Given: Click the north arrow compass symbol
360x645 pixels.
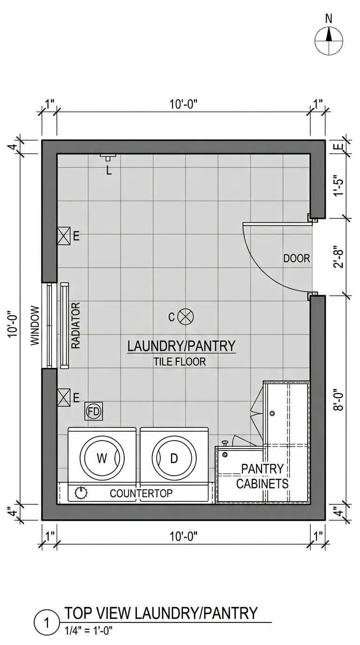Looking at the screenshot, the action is click(329, 41).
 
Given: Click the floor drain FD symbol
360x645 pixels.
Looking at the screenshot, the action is click(93, 411).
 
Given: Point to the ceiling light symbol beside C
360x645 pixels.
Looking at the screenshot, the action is click(186, 317).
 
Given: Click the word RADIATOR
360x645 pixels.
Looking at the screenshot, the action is click(75, 325).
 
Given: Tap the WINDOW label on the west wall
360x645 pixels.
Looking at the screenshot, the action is click(35, 325).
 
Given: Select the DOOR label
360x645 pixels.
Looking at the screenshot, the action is click(297, 258).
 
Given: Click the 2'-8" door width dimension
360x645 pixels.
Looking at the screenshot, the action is click(339, 256).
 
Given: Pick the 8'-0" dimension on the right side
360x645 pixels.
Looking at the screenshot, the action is click(339, 400).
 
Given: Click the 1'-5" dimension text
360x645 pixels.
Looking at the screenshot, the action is click(339, 185).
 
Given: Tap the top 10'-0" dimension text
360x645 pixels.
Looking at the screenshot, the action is click(184, 104).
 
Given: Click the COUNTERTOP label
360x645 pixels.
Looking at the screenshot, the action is click(141, 493).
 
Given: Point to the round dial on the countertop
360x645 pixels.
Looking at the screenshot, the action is click(81, 493).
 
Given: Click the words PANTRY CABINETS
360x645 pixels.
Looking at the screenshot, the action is click(262, 477).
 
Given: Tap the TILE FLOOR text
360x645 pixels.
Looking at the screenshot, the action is click(180, 362).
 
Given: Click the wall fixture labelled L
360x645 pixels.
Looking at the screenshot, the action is click(108, 157).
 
